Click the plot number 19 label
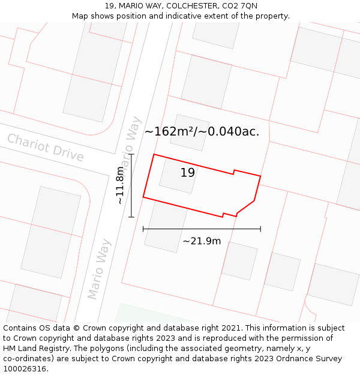point(188,173)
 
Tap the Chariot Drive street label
point(45,148)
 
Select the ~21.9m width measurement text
point(202,241)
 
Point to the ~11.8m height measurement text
point(121,185)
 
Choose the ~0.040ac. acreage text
point(233,131)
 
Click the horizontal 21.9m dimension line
point(202,229)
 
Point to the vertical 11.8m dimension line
point(131,185)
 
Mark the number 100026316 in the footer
point(25,369)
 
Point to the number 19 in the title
point(109,6)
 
